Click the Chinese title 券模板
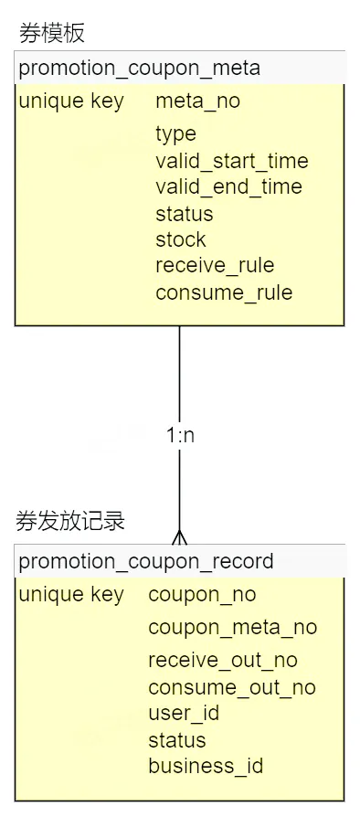point(52,34)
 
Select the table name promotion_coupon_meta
point(139,68)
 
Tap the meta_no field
point(197,101)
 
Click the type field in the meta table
point(175,134)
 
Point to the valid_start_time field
point(231,161)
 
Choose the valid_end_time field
point(228,187)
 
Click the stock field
point(180,239)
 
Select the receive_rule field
point(215,266)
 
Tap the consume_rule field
point(224,292)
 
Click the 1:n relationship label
point(180,435)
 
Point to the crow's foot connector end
point(179,537)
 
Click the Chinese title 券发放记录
point(70,522)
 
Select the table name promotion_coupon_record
point(146,560)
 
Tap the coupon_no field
point(202,595)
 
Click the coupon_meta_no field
point(232,627)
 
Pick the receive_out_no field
point(222,660)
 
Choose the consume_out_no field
point(231,687)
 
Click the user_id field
point(183,713)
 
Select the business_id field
point(206,766)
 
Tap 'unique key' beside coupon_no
point(70,595)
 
